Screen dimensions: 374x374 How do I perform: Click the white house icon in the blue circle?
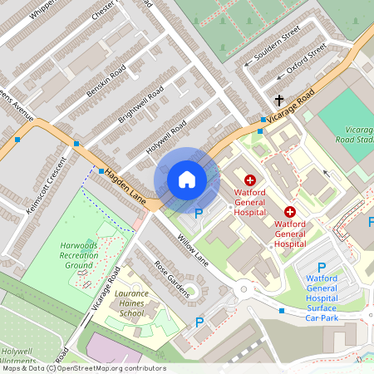[187, 180]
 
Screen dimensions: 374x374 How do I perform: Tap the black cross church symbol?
[279, 101]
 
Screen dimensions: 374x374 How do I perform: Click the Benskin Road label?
[106, 80]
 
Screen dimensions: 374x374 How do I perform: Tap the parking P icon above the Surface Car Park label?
[322, 268]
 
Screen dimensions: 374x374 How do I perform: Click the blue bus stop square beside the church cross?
[262, 120]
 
